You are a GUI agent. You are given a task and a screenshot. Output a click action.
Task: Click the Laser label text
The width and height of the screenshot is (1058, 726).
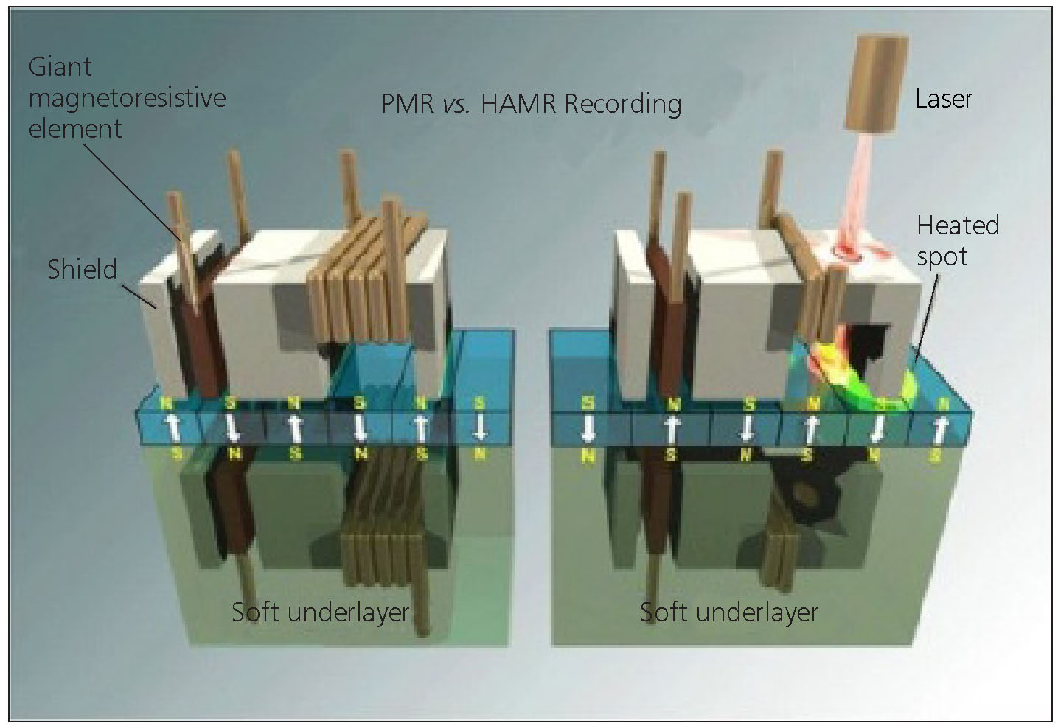coord(943,99)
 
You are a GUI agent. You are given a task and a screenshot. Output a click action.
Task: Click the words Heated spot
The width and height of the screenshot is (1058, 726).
coord(957,240)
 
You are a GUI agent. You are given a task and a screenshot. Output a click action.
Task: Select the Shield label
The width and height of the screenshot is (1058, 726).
coord(82,269)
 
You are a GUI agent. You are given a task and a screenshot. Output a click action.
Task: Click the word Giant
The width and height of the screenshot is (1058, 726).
coord(60,67)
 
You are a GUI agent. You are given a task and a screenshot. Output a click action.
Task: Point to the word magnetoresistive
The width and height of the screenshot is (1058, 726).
coord(127,97)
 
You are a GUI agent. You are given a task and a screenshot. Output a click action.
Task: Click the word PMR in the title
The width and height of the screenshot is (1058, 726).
coord(407,104)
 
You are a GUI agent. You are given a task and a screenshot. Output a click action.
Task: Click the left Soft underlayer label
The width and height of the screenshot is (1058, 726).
coord(320,612)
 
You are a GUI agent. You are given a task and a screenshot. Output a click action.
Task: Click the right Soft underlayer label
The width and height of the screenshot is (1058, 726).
coord(728,612)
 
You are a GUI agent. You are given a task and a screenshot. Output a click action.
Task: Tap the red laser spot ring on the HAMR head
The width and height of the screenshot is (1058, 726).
coord(848,253)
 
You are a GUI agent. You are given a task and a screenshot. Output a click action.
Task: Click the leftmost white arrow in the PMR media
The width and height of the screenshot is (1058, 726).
coord(174,427)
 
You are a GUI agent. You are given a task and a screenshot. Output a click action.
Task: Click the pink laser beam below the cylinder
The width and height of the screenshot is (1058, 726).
coord(855,199)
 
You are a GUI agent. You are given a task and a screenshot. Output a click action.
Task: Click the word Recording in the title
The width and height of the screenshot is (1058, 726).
coord(622,104)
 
